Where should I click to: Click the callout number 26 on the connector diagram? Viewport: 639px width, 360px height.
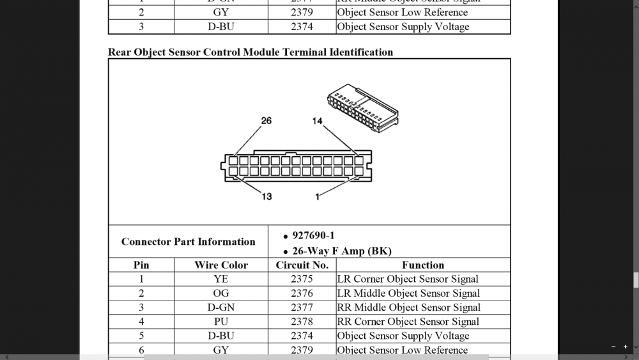point(266,120)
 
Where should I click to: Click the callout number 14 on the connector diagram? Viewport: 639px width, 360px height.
point(318,120)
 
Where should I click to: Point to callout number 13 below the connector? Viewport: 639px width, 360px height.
point(266,196)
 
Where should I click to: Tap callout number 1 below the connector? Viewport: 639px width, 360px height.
point(318,196)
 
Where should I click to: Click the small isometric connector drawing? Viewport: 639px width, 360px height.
point(362,107)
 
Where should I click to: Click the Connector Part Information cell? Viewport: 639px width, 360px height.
point(188,242)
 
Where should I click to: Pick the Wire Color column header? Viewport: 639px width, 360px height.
point(221,265)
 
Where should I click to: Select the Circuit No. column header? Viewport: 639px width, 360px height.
point(302,265)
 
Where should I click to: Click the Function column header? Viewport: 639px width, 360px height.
point(423,265)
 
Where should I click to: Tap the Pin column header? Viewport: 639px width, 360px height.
point(141,265)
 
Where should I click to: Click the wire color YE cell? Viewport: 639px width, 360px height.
point(221,279)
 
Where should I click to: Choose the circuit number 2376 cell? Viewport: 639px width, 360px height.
point(302,293)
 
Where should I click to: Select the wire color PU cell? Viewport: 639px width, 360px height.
point(221,321)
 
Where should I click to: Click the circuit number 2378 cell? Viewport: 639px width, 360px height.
point(302,321)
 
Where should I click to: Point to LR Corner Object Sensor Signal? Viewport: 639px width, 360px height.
point(408,279)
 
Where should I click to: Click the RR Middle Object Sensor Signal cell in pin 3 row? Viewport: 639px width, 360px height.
point(408,307)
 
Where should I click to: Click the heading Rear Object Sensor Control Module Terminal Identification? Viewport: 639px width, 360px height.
point(250,52)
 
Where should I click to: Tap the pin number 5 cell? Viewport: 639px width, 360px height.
point(141,335)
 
